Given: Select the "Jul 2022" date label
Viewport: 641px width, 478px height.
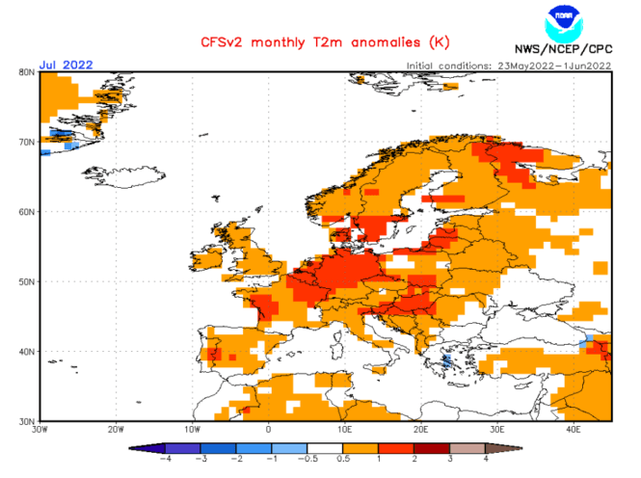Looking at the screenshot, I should coord(66,65).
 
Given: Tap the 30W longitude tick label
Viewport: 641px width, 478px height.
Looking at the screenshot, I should coord(39,429).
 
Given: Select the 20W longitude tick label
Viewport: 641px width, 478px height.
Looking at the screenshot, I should coord(115,429).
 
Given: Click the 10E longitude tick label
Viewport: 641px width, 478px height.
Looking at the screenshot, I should coord(344,429).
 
